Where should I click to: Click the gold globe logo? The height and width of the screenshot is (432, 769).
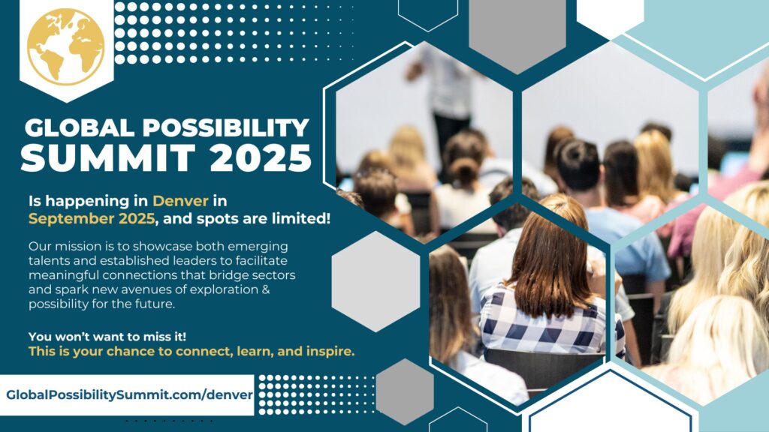point(66,46)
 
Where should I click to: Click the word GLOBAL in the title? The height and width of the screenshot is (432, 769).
point(80,127)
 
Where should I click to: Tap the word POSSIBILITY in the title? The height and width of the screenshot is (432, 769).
point(225,127)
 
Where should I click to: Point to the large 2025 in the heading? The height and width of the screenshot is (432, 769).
point(261,157)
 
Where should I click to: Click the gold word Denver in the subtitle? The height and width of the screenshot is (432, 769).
point(180,201)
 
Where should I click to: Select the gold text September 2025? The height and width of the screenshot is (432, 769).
point(92,218)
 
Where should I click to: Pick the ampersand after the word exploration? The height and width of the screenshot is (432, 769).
point(266,289)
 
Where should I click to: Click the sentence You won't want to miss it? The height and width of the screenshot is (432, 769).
point(107,337)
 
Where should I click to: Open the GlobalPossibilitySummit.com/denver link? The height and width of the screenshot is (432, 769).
point(129,394)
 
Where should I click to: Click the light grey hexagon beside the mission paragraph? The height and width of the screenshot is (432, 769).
point(375,281)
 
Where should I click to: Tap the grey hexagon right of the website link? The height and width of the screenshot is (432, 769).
point(405,391)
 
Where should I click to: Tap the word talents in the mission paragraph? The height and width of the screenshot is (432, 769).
point(47,260)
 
